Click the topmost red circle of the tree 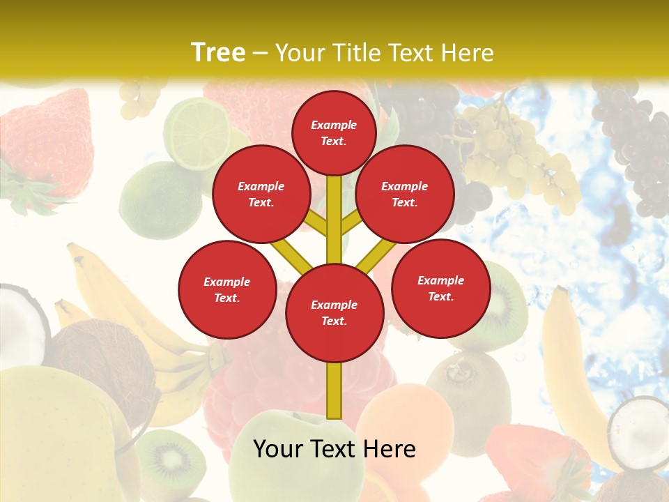coord(334,132)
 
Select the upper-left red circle coord(261,194)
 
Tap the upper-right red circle coord(405,194)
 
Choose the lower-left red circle coord(227,289)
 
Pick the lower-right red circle coord(441,288)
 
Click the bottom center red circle coord(334,313)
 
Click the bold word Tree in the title coord(218,52)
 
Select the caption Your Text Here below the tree coord(334,449)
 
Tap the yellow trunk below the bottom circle coord(334,390)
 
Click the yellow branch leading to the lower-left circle coord(291,255)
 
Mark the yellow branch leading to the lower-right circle coord(376,255)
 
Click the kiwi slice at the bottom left coord(171,460)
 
